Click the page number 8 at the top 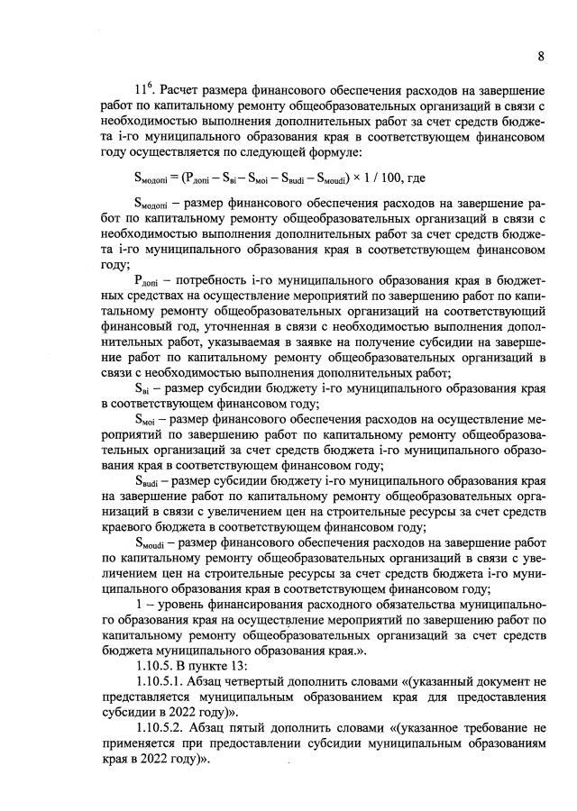pyautogui.click(x=540, y=56)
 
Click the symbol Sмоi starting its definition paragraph pyautogui.click(x=146, y=421)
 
